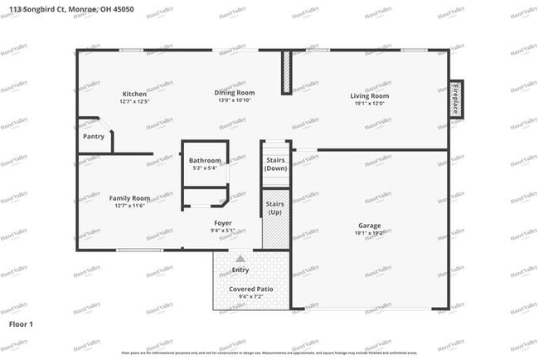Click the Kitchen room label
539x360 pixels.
(x=134, y=94)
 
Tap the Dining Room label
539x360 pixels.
(x=235, y=93)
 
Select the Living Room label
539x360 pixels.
(x=369, y=96)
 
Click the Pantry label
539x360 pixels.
(x=94, y=136)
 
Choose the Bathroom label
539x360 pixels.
(x=205, y=160)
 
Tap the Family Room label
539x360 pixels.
(x=129, y=198)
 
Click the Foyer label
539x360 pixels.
(x=222, y=222)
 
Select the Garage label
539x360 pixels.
(x=369, y=226)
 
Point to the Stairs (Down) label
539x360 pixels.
(x=275, y=163)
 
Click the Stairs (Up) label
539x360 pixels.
(x=275, y=207)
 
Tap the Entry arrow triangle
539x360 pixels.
(x=240, y=259)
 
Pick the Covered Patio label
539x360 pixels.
(x=250, y=289)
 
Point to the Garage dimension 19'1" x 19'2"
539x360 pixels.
(x=369, y=233)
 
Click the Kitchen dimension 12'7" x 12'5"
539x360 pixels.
(x=134, y=102)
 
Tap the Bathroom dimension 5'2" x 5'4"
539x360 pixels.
(x=205, y=168)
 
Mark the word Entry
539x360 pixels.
(x=240, y=270)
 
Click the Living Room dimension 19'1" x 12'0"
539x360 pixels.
(x=369, y=104)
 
